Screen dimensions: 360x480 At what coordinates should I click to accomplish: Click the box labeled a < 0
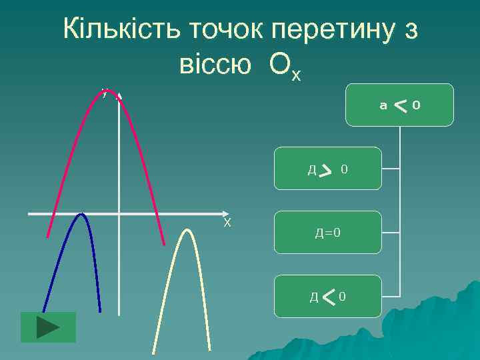pos(399,105)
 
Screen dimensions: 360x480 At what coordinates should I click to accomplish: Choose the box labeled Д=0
pos(328,233)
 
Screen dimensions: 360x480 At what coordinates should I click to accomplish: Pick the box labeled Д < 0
pos(328,295)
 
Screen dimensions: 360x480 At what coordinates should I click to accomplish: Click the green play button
pos(48,327)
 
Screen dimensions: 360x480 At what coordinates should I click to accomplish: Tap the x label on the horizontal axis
pos(227,222)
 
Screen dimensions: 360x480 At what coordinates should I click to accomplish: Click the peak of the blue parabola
pos(81,214)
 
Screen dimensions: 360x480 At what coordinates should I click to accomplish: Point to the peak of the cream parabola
pos(187,231)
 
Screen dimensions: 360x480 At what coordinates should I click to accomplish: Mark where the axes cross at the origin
pos(119,214)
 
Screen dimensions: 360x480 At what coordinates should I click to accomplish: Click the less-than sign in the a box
pos(400,104)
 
